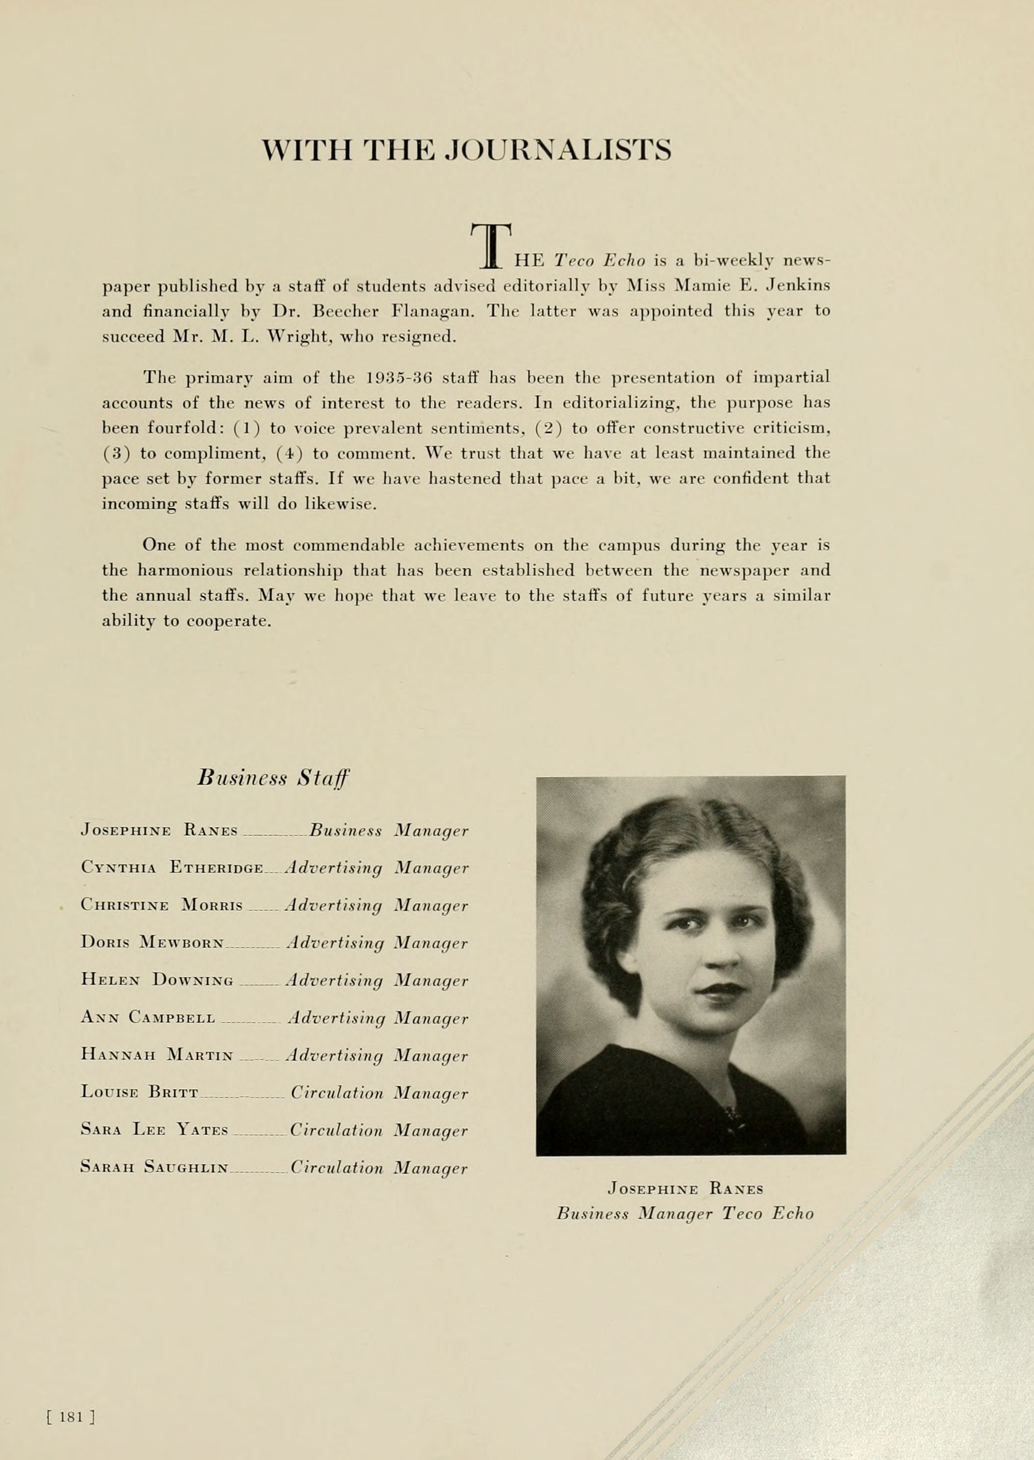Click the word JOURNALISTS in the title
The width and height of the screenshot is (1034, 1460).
(558, 150)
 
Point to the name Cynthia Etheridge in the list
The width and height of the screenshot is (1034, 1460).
(172, 868)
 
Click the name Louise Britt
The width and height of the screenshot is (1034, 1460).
(140, 1092)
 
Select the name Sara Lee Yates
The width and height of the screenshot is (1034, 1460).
(154, 1130)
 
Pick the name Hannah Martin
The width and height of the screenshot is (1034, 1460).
(157, 1055)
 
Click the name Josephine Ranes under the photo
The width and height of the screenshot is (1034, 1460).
(685, 1188)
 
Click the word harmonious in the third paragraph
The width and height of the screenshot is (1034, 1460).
(185, 570)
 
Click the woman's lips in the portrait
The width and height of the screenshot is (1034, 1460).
(721, 990)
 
